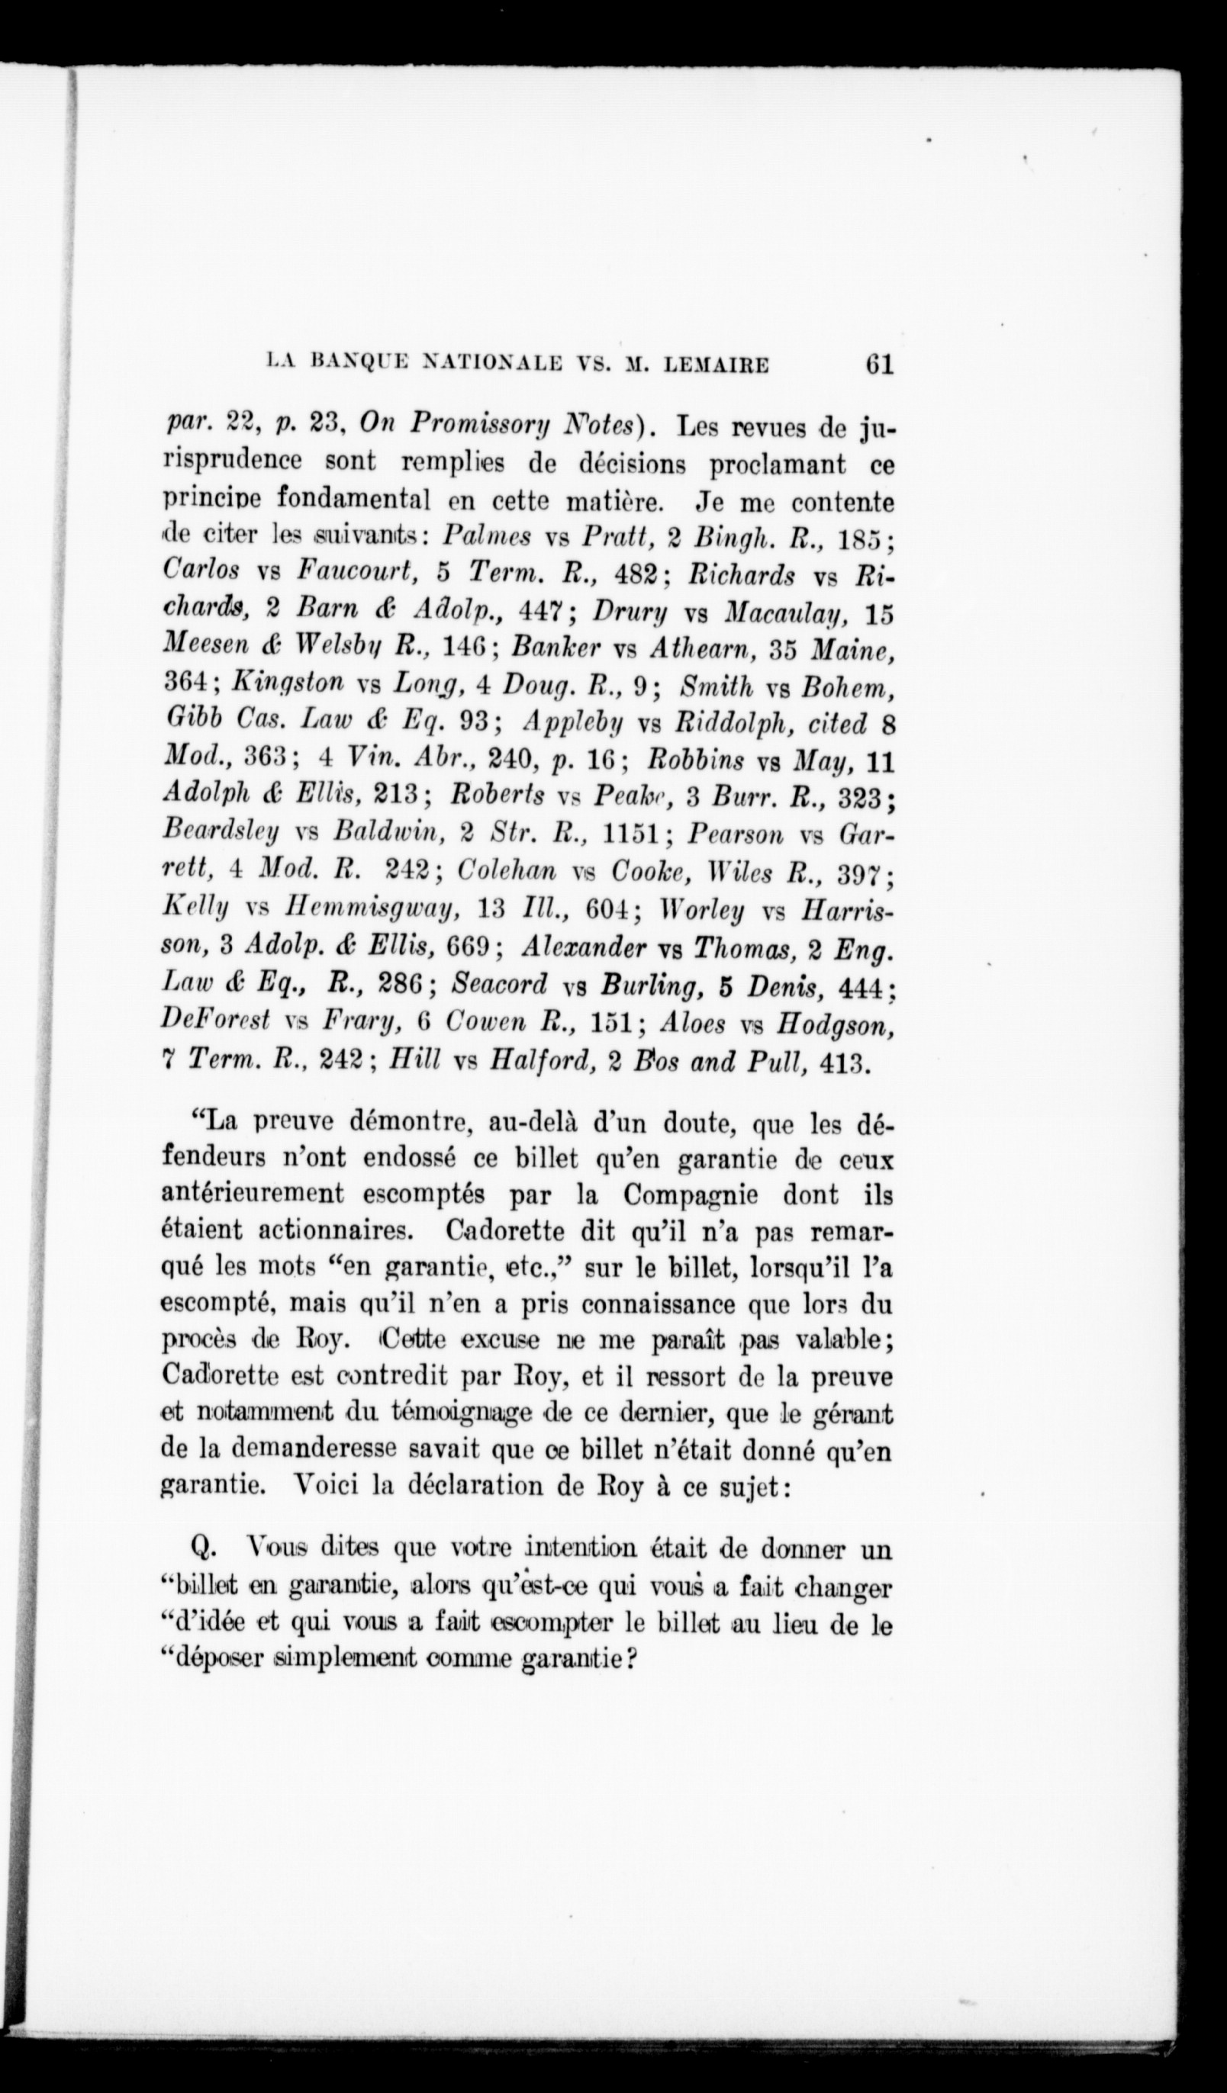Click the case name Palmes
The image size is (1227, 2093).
click(488, 536)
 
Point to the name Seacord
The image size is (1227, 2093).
click(500, 985)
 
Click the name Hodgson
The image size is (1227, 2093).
click(834, 1024)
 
